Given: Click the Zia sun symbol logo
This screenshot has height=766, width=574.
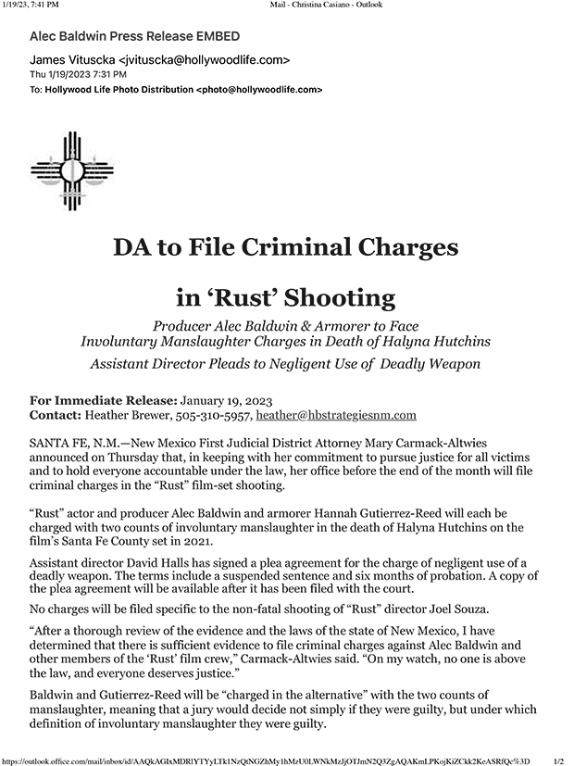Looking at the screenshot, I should tap(72, 171).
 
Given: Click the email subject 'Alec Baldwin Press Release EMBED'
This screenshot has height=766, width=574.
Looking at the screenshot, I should tap(135, 36).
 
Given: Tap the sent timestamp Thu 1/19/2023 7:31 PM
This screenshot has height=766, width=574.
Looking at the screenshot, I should tap(79, 74).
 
